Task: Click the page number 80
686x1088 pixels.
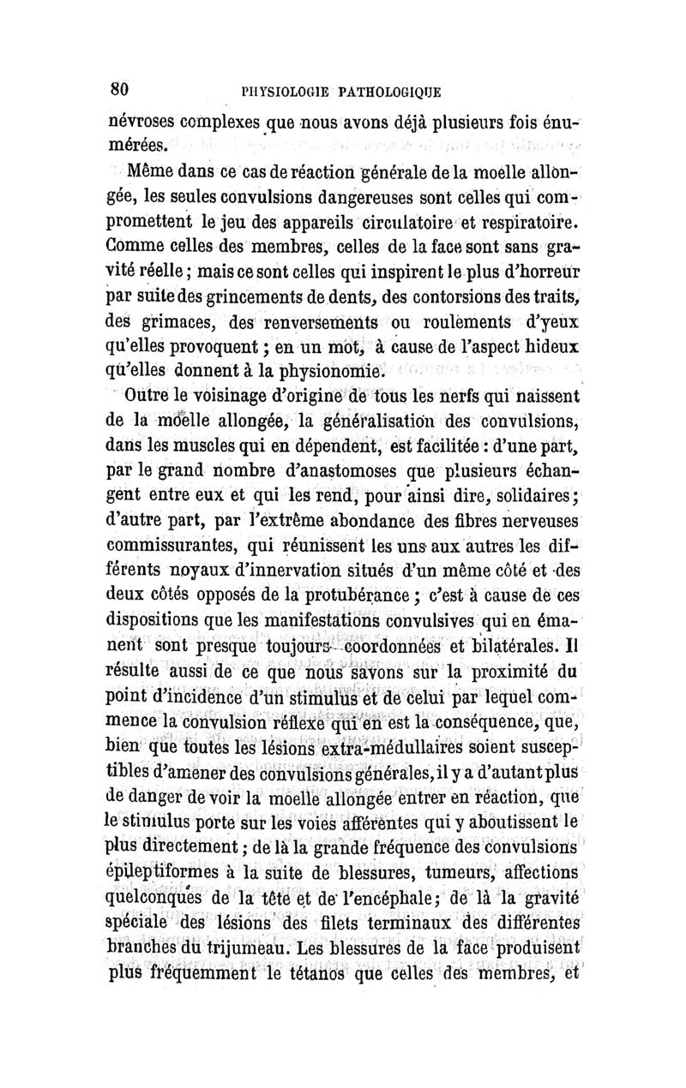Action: (117, 89)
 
